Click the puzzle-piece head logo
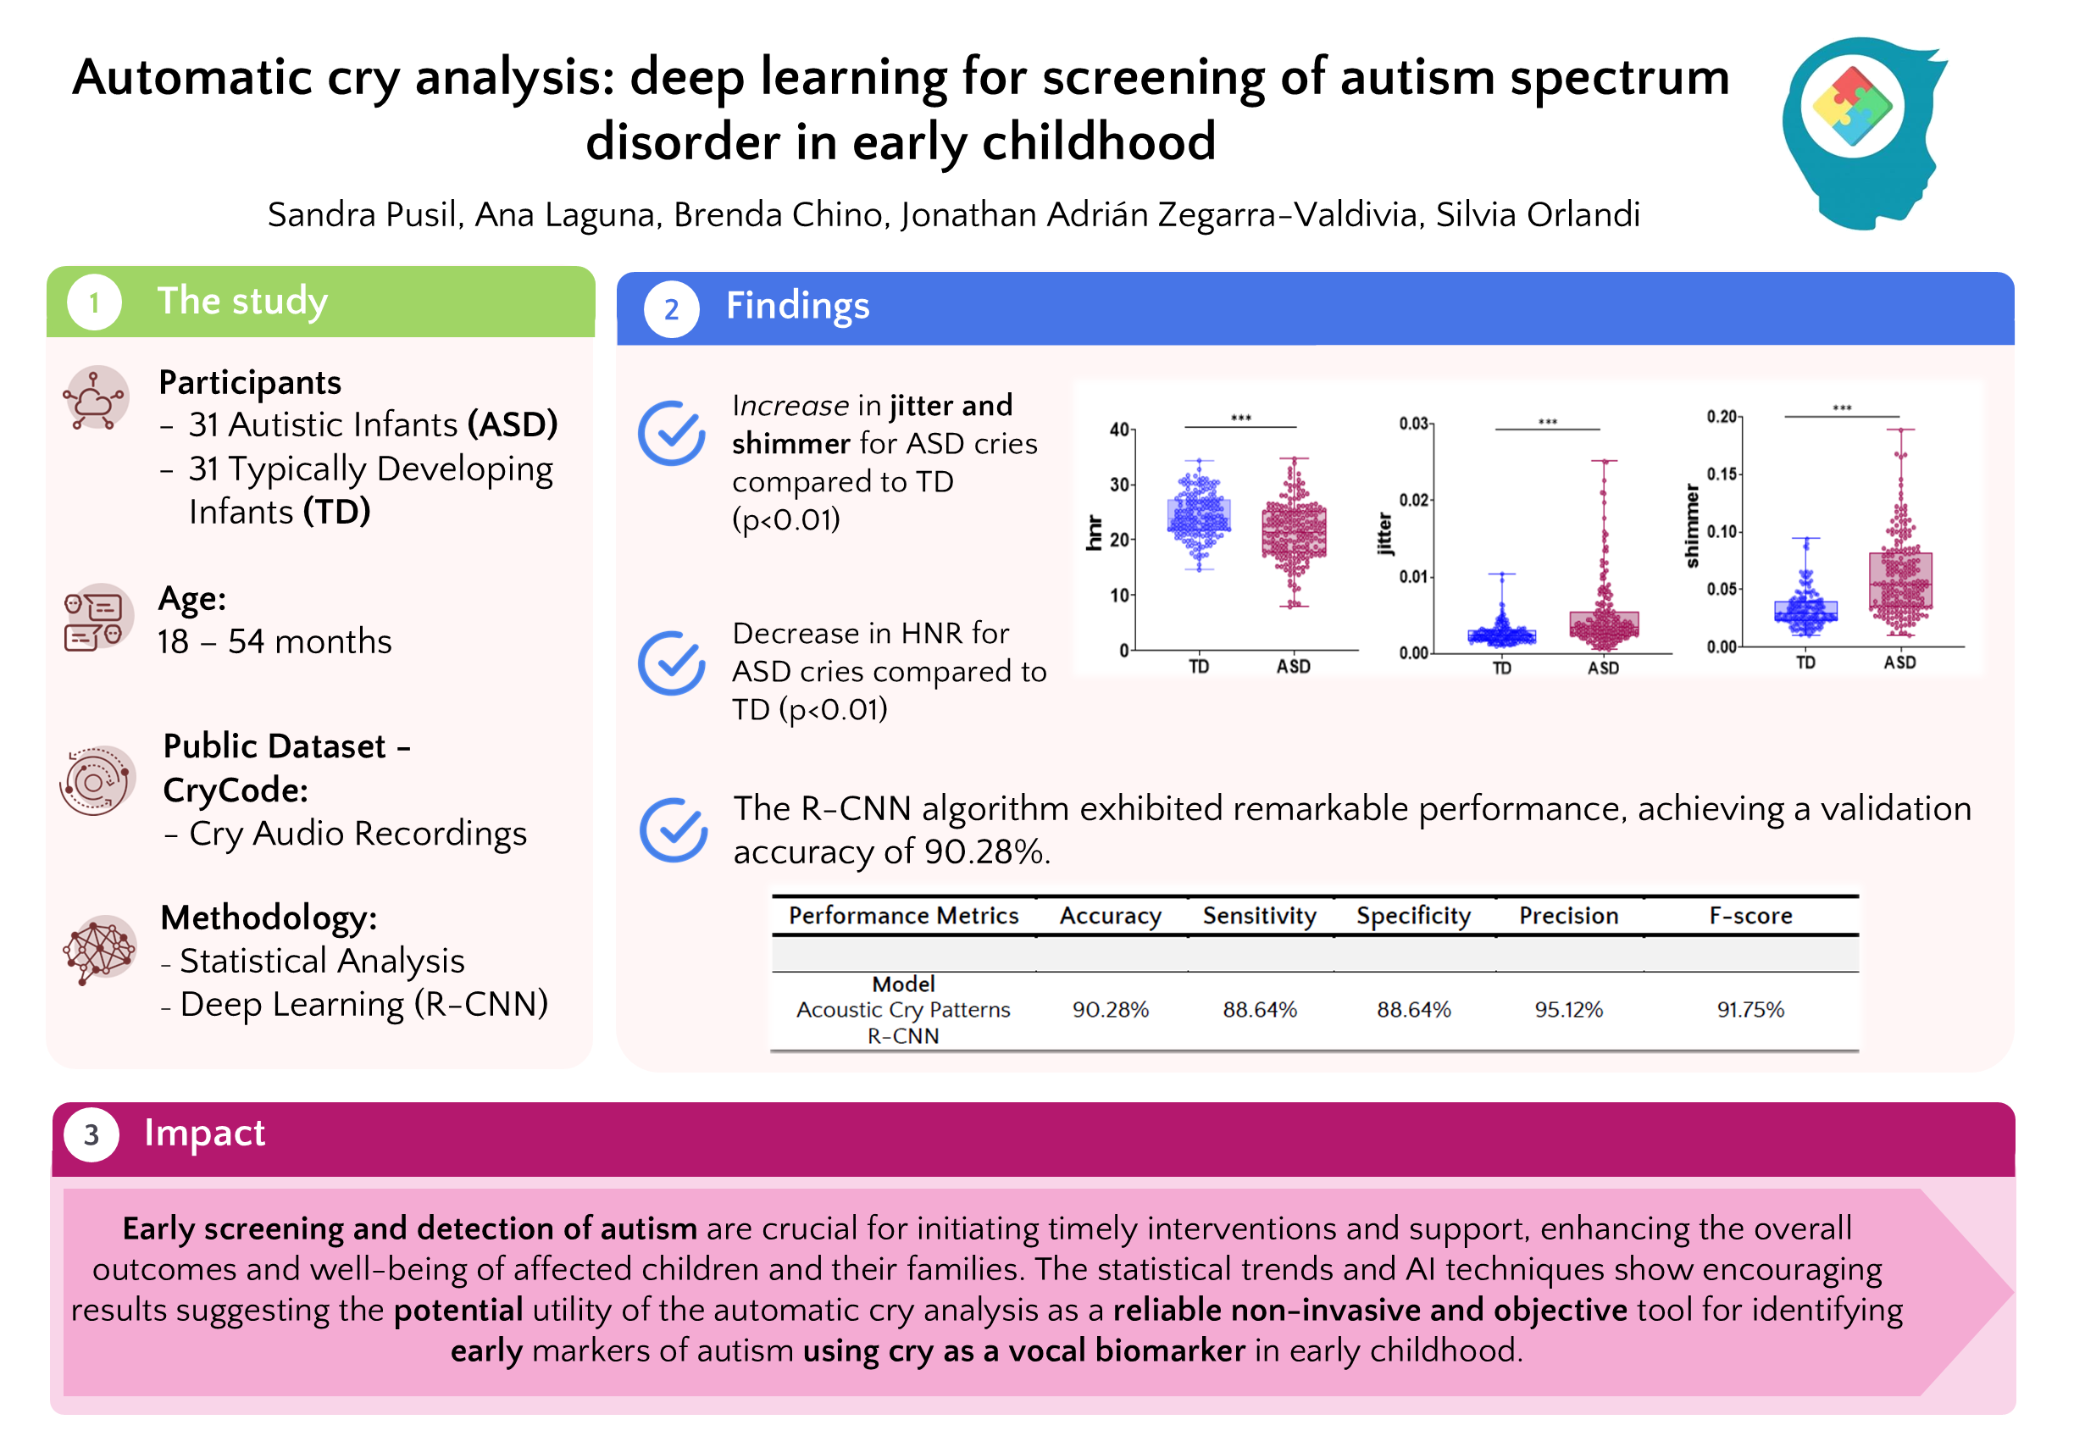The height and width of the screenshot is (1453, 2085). [1861, 131]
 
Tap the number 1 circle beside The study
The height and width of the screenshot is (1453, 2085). [93, 302]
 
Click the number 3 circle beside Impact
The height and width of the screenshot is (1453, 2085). [91, 1134]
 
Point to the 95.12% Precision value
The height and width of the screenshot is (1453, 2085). [1568, 1009]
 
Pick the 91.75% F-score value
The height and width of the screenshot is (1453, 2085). [1750, 1009]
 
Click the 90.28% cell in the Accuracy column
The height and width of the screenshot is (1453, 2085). [1110, 1009]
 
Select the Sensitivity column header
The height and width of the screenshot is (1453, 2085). [1260, 915]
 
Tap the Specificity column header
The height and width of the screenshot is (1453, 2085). [1413, 915]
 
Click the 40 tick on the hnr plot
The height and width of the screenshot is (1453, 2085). [1119, 430]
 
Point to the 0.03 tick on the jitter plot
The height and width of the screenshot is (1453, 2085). [1414, 423]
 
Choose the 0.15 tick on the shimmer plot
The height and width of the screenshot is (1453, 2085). [1722, 473]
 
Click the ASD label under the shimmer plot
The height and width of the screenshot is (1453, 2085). [1899, 663]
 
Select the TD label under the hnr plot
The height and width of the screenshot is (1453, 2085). [1199, 667]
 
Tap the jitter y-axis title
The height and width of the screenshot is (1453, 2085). [1384, 534]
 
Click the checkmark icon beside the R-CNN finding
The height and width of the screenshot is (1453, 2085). [673, 830]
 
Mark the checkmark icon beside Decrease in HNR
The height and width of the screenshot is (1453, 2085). [671, 663]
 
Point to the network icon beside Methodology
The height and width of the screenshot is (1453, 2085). [99, 949]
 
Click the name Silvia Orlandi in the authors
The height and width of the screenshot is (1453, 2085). [1538, 214]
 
